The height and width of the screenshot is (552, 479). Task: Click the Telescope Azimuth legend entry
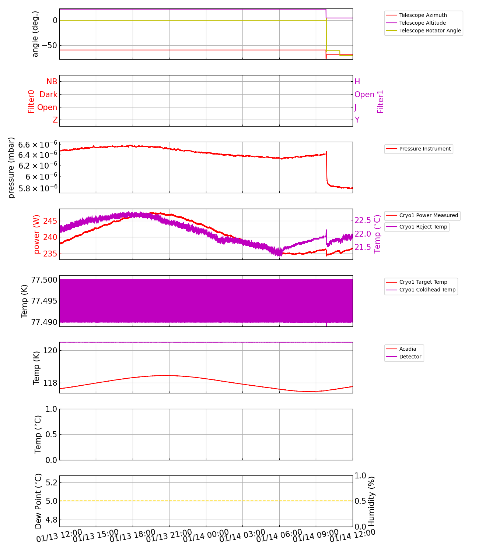423,15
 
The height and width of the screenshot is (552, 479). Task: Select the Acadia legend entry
408,349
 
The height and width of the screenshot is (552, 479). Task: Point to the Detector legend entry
410,357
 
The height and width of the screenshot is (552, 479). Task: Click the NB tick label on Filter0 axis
52,82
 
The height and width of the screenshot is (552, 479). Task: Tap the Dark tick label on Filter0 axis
49,95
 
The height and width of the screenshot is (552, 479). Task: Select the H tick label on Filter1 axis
357,82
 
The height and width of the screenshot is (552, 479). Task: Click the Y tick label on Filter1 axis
357,120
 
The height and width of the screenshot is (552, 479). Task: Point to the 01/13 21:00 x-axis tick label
169,537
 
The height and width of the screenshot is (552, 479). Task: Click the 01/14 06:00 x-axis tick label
279,537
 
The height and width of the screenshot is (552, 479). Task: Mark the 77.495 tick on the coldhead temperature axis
44,301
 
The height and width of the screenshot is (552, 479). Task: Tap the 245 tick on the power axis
50,221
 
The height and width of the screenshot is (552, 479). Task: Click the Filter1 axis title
381,101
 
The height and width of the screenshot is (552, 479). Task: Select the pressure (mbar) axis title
11,167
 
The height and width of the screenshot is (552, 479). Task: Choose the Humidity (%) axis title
371,501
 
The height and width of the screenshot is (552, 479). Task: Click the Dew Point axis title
38,501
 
